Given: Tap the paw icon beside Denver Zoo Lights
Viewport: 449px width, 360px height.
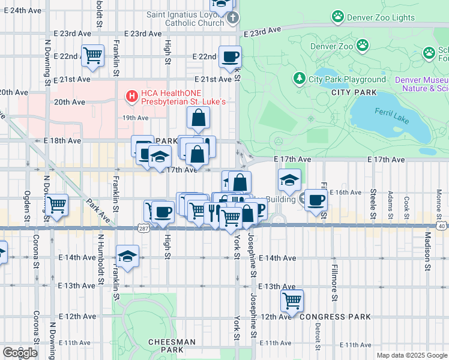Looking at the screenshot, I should coord(338,17).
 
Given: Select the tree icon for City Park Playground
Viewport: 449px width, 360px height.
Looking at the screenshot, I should coord(299,79).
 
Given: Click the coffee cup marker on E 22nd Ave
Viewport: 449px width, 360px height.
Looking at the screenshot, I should coord(231,57).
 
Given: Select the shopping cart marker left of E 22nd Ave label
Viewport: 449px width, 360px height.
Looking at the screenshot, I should coord(92,55).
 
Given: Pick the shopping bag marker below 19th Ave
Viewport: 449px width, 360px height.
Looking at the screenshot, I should coord(198,119).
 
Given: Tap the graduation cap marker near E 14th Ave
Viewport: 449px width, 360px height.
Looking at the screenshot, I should coord(127,256).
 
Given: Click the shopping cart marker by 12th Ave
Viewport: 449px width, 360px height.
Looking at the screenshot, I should coord(292,299).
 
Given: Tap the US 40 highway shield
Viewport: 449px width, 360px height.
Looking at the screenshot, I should coord(441,226).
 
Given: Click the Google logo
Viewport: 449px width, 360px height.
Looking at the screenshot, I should coord(20,352).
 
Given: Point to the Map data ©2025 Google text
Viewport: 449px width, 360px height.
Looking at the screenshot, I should coord(411,355).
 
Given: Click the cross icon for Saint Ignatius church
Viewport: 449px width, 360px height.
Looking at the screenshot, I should coord(234,19).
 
